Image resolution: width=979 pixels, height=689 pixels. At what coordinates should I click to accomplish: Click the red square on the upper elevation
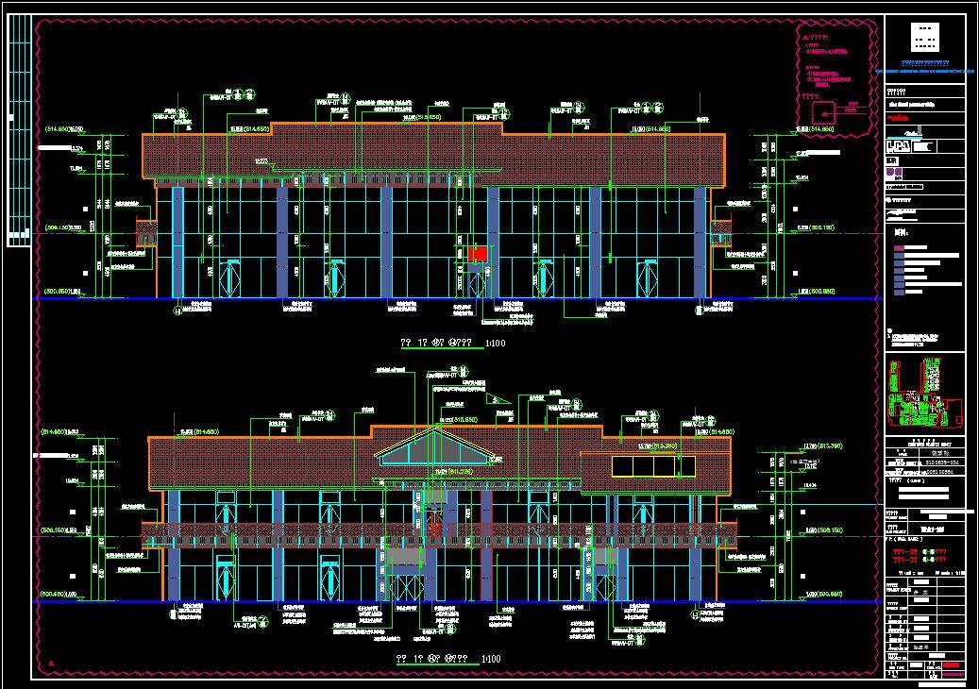coord(477,253)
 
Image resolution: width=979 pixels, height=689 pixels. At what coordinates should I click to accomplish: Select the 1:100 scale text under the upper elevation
coord(495,344)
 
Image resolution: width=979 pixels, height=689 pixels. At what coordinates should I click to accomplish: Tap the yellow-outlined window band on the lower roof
coord(653,466)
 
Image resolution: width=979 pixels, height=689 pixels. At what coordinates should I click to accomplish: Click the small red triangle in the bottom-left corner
coord(53,665)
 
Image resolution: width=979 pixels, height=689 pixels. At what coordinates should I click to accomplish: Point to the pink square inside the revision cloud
coord(811,95)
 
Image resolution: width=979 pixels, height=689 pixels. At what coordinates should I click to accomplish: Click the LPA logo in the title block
coord(901,146)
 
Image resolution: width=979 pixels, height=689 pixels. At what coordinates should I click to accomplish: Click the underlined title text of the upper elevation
coord(435,344)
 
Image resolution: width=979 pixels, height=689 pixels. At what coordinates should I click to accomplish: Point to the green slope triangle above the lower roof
coord(499,399)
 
